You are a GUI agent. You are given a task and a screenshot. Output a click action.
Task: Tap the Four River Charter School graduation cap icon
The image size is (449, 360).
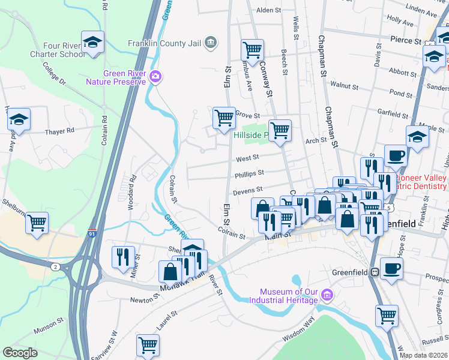pos(92,43)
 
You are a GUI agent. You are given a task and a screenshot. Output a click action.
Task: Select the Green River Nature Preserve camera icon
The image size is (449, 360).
pos(156,77)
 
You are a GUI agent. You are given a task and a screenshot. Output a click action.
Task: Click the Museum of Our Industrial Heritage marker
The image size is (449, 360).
pos(327,295)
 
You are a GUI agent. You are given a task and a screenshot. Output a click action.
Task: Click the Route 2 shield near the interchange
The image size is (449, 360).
pos(54,267)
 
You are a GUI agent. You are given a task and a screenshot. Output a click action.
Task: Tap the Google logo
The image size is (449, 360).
pos(20,352)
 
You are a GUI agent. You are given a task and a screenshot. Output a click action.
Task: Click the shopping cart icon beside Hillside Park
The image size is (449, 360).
pos(280,130)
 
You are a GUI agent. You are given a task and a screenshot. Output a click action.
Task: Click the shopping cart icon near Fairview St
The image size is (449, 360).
pos(147,345)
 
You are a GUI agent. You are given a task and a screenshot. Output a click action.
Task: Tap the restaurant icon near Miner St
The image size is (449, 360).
pos(122,256)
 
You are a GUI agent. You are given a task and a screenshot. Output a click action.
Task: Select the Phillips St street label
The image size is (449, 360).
pos(250,173)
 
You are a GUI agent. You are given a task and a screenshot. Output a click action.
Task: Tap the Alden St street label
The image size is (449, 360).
pos(268,11)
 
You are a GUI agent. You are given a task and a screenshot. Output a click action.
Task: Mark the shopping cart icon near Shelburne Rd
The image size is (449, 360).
pos(37,223)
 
